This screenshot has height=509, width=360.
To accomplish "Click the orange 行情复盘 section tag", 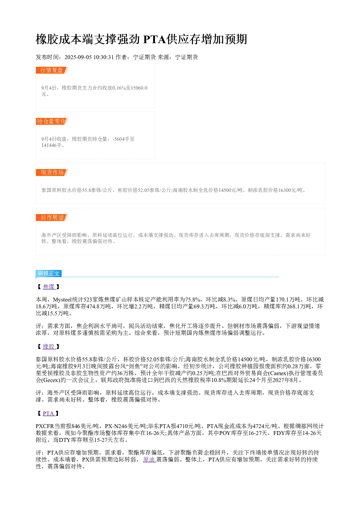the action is [52, 70].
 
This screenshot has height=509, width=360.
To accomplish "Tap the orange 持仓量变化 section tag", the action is [52, 121].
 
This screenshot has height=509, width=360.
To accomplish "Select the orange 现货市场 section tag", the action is [52, 172].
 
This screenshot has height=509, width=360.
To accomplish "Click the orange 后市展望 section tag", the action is [52, 217].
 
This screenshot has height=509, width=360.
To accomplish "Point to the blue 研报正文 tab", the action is [49, 273].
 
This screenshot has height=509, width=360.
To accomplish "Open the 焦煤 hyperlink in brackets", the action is [49, 287].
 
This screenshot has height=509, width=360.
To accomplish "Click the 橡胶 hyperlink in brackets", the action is [49, 346].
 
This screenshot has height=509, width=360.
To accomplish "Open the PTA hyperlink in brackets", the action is [48, 413].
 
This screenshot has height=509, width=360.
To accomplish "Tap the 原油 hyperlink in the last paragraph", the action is [149, 459].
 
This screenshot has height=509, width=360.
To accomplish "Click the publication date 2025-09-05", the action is [78, 57].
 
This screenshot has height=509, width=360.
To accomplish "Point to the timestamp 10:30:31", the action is [104, 57].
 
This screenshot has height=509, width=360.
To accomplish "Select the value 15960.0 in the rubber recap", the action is [139, 88].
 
